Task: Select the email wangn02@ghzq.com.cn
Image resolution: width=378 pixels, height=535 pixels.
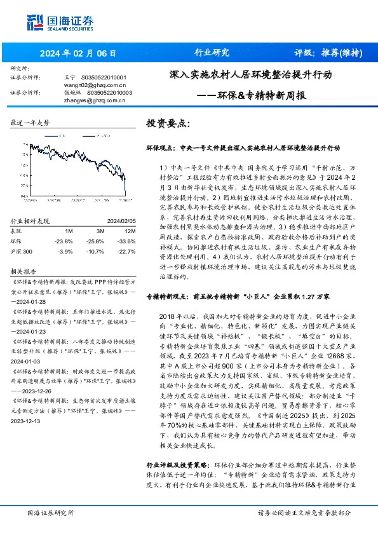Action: tap(95, 84)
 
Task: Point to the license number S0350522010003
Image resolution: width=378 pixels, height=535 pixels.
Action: tap(109, 92)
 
